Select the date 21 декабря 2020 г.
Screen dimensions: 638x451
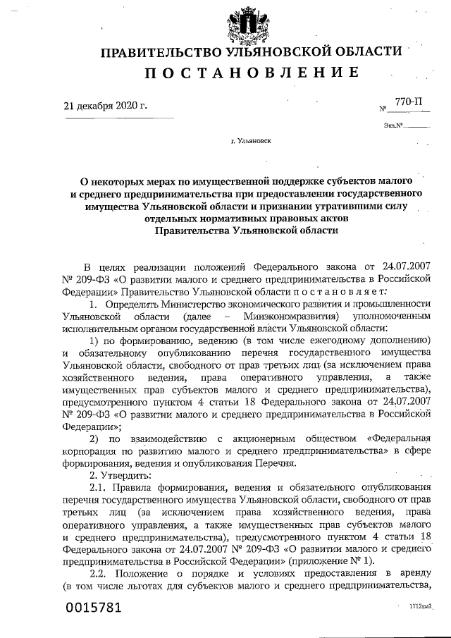pos(106,106)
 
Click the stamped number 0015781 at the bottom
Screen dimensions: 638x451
pos(94,608)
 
